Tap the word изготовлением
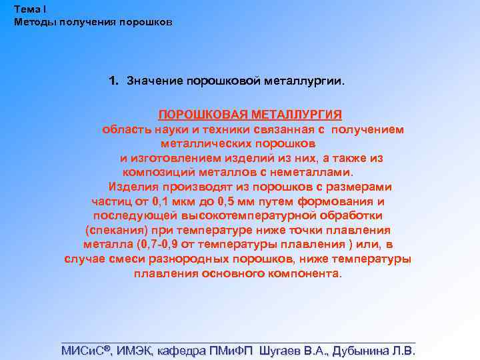175,158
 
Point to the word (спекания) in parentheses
113,231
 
